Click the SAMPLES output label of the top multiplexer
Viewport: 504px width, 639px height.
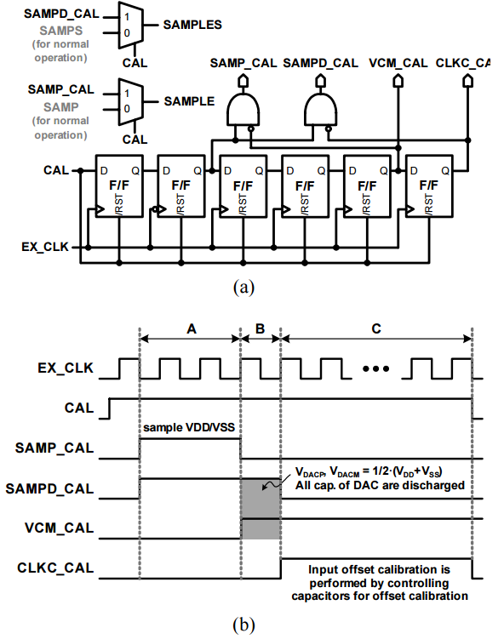pos(192,25)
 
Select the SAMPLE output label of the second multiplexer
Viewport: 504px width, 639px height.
pos(189,101)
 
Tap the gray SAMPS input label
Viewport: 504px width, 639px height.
pos(61,31)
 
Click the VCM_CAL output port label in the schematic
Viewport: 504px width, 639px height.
pos(398,63)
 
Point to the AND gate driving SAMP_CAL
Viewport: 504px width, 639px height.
pos(243,109)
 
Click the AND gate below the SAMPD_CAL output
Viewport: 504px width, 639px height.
pos(320,109)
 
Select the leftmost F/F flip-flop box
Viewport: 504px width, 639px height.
pos(119,185)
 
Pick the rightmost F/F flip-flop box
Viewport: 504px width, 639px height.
pos(429,185)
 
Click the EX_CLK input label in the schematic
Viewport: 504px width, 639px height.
pos(45,247)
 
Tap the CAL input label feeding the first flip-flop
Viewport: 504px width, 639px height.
pos(56,170)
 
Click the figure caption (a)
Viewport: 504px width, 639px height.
pos(243,288)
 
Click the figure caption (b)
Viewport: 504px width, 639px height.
pos(243,625)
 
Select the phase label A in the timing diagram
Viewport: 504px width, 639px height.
pos(192,328)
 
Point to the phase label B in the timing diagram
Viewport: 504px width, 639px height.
pos(261,328)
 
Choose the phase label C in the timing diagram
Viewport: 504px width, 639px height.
pos(376,328)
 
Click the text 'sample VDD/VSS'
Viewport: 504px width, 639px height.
pos(189,427)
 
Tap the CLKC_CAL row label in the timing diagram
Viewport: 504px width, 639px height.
pos(55,568)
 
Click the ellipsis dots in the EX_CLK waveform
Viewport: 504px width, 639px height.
pos(376,368)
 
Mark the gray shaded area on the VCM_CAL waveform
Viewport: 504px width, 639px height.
pos(261,529)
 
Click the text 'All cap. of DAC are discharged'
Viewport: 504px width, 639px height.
pos(380,485)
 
